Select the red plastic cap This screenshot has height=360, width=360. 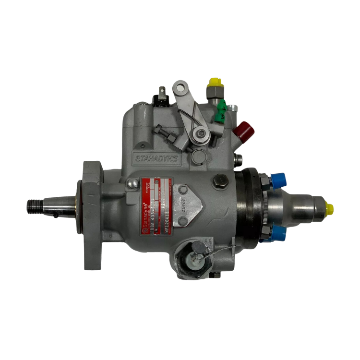(x=243, y=129)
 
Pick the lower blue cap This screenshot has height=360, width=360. (x=278, y=234)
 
